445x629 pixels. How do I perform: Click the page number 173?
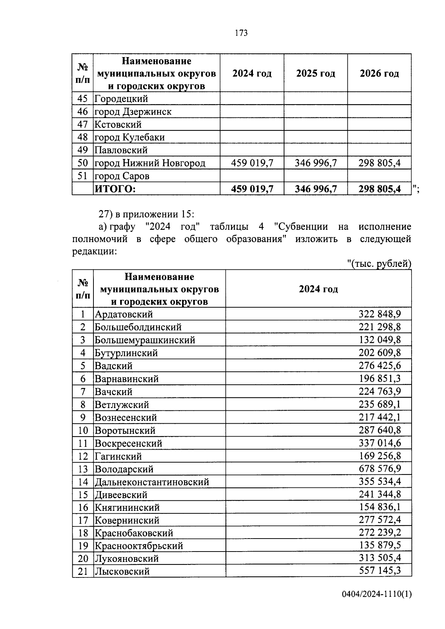pyautogui.click(x=241, y=33)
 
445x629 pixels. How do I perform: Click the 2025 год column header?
pyautogui.click(x=316, y=73)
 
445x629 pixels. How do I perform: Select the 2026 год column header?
pyautogui.click(x=379, y=73)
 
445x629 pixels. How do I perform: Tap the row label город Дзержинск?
pyautogui.click(x=133, y=112)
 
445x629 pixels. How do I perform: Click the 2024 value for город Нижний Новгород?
pyautogui.click(x=252, y=163)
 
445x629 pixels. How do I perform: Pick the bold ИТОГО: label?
pyautogui.click(x=115, y=189)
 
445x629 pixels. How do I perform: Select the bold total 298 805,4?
pyautogui.click(x=379, y=189)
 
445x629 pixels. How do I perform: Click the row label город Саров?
pyautogui.click(x=122, y=176)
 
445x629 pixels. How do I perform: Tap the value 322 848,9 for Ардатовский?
pyautogui.click(x=379, y=314)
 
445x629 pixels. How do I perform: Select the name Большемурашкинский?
pyautogui.click(x=145, y=340)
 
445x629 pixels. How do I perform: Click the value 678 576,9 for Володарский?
pyautogui.click(x=379, y=469)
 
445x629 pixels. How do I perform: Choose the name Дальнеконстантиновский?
pyautogui.click(x=152, y=482)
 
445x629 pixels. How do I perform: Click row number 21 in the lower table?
pyautogui.click(x=83, y=571)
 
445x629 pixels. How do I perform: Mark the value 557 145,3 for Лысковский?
pyautogui.click(x=379, y=571)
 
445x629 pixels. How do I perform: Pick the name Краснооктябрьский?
pyautogui.click(x=139, y=546)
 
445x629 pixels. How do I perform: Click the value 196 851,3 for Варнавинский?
pyautogui.click(x=379, y=378)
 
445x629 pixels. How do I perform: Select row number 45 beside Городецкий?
pyautogui.click(x=83, y=99)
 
